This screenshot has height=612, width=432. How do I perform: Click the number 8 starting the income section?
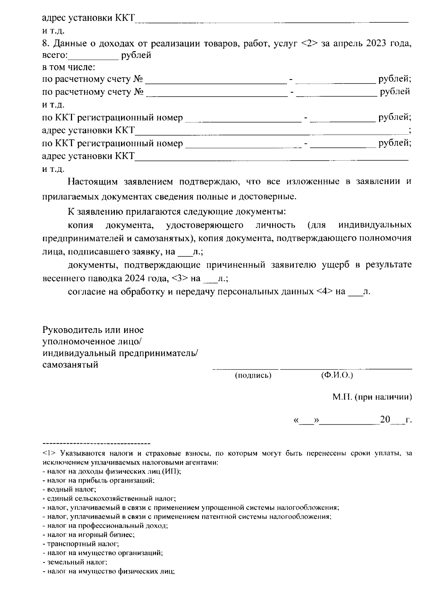[x=45, y=44]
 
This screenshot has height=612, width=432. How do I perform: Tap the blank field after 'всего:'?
[x=93, y=56]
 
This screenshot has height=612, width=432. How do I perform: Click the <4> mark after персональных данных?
[x=324, y=291]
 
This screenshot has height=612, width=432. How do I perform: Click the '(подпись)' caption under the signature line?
[x=253, y=376]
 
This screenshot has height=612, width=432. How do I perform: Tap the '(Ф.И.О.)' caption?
[x=337, y=375]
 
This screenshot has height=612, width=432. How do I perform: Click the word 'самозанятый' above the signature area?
[x=71, y=365]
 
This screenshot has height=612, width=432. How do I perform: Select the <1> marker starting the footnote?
[x=48, y=453]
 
